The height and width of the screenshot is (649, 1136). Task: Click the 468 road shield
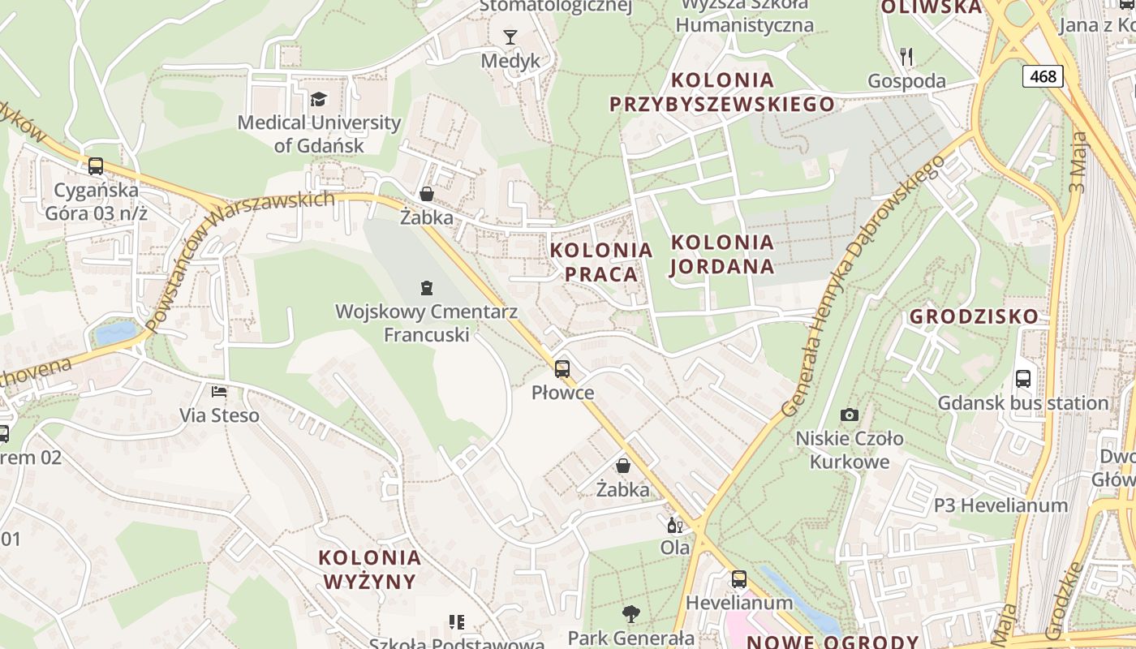[1043, 76]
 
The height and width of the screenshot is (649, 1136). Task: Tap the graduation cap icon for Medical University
[318, 99]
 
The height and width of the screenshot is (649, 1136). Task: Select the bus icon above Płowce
[562, 369]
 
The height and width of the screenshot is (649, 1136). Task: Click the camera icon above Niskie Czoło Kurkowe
[849, 415]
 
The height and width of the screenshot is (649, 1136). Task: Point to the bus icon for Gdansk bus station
[1022, 379]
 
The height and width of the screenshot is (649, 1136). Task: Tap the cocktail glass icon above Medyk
[510, 37]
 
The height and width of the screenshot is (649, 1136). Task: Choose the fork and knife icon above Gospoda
[906, 57]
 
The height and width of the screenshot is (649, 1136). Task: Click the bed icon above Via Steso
[219, 392]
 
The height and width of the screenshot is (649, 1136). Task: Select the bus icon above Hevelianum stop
[738, 579]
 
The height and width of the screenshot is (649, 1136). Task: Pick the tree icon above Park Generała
[630, 613]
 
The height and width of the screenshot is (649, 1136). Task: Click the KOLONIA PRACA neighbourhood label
[601, 262]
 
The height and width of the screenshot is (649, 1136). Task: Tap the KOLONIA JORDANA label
[722, 254]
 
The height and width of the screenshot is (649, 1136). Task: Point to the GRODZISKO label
[974, 316]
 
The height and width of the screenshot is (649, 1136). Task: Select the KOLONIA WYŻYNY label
[370, 569]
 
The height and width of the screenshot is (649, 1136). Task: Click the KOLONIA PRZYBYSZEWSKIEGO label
[722, 92]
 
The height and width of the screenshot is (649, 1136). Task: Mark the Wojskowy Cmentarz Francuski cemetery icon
[426, 287]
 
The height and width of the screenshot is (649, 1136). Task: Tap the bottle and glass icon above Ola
[673, 524]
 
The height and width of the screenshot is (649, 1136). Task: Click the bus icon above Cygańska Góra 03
[96, 166]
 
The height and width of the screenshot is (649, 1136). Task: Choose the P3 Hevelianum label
[1000, 505]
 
